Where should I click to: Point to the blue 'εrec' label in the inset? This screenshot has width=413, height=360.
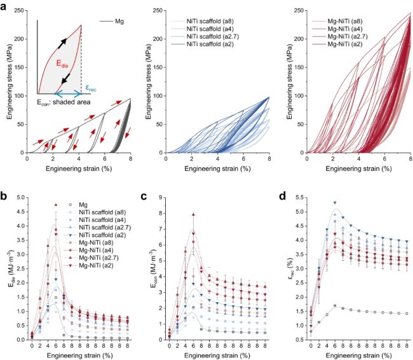tap(91, 88)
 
